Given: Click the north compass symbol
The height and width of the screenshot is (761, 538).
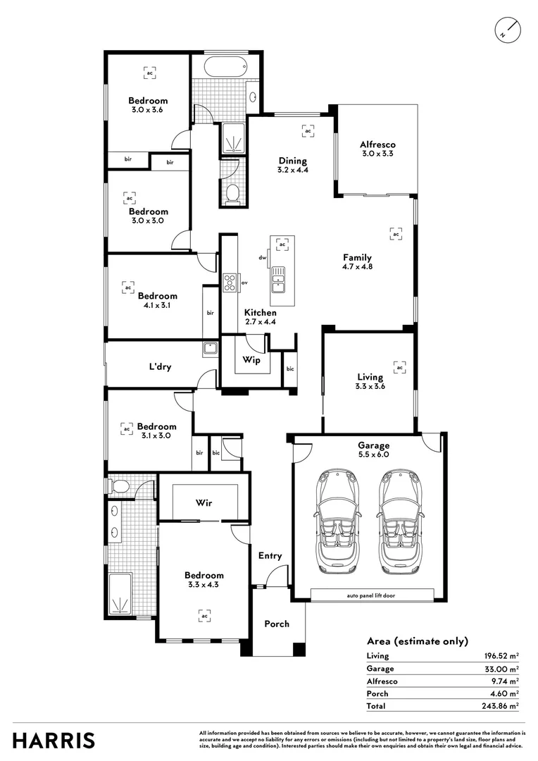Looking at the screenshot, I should (x=507, y=29).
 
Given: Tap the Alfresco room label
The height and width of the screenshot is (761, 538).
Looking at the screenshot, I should (x=378, y=144).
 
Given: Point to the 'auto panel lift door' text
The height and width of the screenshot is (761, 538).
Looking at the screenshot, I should (x=370, y=595).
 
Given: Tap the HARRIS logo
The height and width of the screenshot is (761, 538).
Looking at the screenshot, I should (x=54, y=741).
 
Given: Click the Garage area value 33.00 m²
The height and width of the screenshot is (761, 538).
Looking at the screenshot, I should (x=503, y=668).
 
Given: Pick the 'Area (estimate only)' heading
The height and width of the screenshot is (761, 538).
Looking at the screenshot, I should (x=417, y=641).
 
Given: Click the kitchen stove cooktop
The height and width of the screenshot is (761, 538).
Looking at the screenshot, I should (x=230, y=283).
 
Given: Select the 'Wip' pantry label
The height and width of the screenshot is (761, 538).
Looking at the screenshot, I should (x=251, y=360).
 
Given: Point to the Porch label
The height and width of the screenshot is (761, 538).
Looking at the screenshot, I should (x=277, y=624).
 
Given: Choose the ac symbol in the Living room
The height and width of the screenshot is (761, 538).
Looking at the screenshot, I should (x=400, y=367).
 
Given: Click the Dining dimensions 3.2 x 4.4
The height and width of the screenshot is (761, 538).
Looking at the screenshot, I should (x=293, y=170).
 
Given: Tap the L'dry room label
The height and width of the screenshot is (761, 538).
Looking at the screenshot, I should (x=160, y=366).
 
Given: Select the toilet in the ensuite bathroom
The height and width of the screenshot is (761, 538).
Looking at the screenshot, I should (x=120, y=485).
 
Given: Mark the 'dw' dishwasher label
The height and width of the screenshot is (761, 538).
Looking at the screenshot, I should (x=262, y=258).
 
